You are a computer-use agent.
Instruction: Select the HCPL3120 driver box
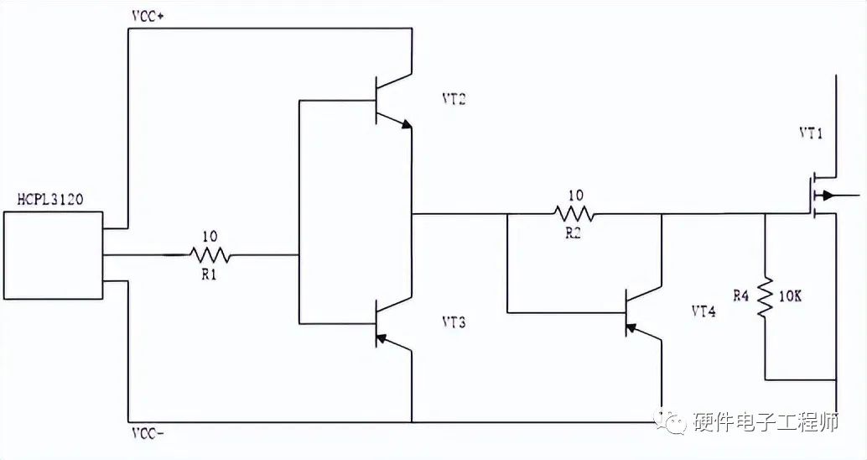pos(53,255)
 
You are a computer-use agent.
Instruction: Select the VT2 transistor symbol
pos(391,102)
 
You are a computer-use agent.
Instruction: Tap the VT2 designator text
pos(454,99)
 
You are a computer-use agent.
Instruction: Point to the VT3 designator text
pos(454,321)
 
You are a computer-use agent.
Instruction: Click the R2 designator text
pos(574,233)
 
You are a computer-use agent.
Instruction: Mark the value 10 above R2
pos(575,196)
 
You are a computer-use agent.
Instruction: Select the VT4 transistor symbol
pos(641,313)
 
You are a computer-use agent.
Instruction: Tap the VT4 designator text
pos(703,311)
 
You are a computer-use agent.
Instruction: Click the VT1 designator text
pos(811,133)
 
